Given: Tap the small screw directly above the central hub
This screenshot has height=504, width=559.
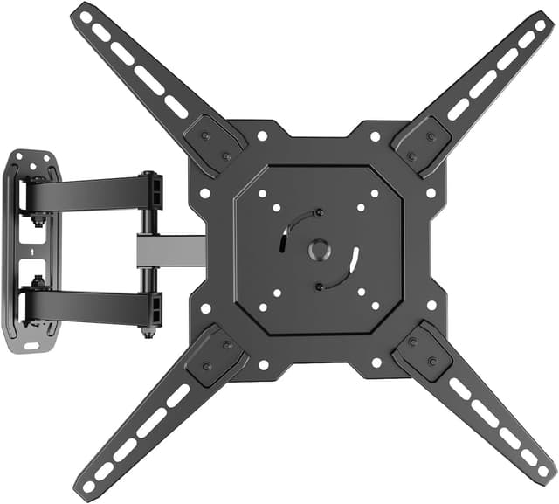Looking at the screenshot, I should click(318, 212).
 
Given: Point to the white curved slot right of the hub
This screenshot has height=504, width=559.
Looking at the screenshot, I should click(355, 260).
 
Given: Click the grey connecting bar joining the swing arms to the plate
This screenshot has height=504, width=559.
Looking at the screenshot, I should click(170, 250).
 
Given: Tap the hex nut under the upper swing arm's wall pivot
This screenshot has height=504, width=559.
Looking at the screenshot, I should click(38, 220).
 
